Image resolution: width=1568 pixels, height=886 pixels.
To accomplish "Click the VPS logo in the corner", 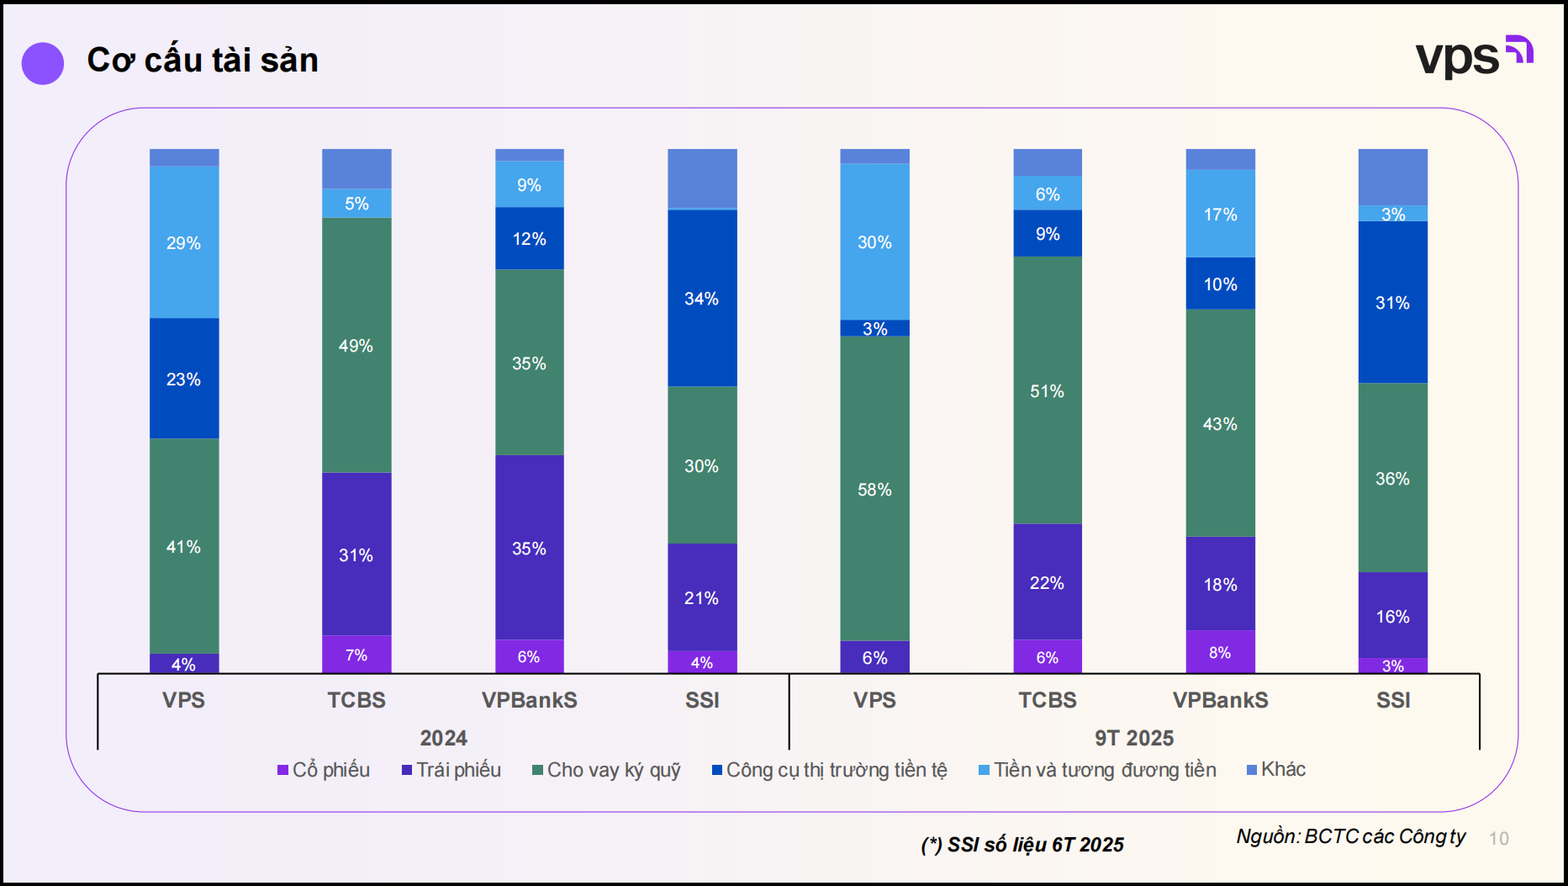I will (x=1473, y=56).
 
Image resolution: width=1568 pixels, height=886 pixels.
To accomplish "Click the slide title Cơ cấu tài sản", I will (x=202, y=61).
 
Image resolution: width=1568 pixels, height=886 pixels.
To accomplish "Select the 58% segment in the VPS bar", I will (x=874, y=489).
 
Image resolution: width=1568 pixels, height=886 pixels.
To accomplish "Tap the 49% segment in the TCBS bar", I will (x=356, y=345).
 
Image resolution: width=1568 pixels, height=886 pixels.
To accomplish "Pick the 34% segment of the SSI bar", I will (x=702, y=298).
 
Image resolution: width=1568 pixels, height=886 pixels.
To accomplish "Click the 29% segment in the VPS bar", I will (x=184, y=242).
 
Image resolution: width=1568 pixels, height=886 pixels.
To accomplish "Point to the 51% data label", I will (x=1047, y=391).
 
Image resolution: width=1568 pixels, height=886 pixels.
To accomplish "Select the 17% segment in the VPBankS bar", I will (x=1220, y=214).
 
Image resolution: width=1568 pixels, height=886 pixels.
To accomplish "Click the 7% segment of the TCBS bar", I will (x=356, y=655).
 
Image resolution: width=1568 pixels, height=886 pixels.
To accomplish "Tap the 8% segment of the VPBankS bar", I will (x=1220, y=652).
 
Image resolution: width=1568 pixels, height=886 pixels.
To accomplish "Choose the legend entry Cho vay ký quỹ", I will (x=606, y=770).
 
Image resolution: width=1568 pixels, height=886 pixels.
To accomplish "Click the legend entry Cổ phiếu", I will (x=324, y=770).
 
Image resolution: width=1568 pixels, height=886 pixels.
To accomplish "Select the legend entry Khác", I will (x=1276, y=769).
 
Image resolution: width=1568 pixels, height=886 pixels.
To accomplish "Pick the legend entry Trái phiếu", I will (x=451, y=770).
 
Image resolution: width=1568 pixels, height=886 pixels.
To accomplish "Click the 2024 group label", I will (x=443, y=738).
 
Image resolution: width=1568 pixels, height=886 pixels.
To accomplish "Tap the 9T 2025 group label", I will (x=1133, y=738).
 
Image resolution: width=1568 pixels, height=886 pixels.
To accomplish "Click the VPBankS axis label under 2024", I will (x=529, y=700).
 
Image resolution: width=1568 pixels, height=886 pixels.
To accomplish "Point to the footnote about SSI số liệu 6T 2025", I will (x=1022, y=844).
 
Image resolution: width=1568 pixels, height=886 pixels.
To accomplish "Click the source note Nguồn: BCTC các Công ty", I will (x=1350, y=836).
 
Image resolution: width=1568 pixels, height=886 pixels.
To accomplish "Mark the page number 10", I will (x=1498, y=838).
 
